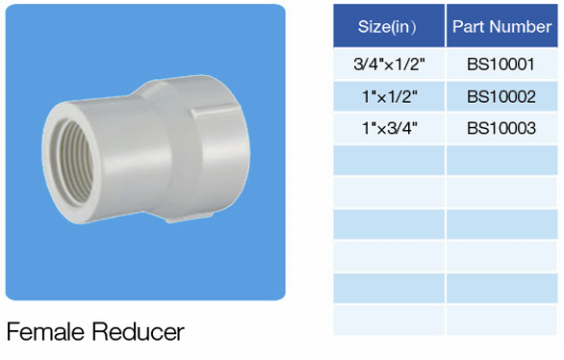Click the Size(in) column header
[x=389, y=26]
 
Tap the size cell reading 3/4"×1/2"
[x=389, y=64]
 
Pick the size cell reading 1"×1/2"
[x=389, y=96]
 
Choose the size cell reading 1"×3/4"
[x=389, y=128]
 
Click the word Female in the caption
[x=45, y=333]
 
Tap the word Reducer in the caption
[x=138, y=333]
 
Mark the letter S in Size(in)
[x=364, y=26]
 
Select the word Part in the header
[x=471, y=26]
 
